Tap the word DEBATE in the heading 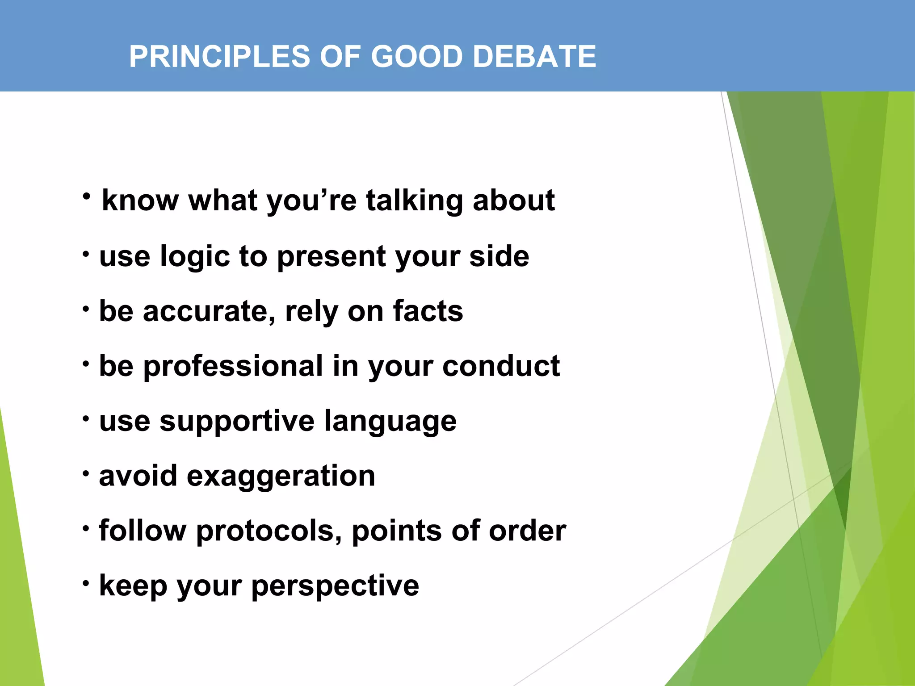[x=534, y=57]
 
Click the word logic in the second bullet [x=194, y=257]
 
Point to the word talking [x=414, y=201]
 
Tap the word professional [x=233, y=367]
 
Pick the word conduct [x=501, y=366]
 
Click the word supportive [x=237, y=422]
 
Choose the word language [x=390, y=422]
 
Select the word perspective [x=335, y=586]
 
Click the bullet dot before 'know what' [x=87, y=197]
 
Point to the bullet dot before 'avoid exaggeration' [x=86, y=473]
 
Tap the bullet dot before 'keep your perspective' [x=86, y=583]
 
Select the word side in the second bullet [x=499, y=256]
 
